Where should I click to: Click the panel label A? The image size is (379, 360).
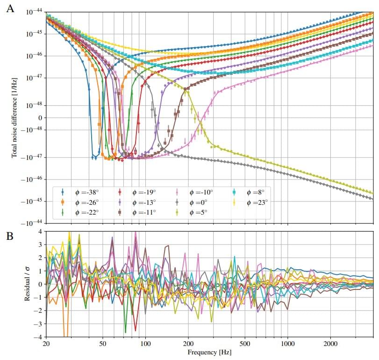pyautogui.click(x=10, y=8)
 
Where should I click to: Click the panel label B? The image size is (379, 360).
pyautogui.click(x=10, y=236)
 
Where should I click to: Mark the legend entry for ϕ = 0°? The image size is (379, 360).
pyautogui.click(x=199, y=202)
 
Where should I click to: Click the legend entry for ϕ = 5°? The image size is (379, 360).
pyautogui.click(x=199, y=212)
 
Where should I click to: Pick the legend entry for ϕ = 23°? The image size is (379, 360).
pyautogui.click(x=254, y=202)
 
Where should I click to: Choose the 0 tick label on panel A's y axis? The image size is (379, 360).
pyautogui.click(x=40, y=118)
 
